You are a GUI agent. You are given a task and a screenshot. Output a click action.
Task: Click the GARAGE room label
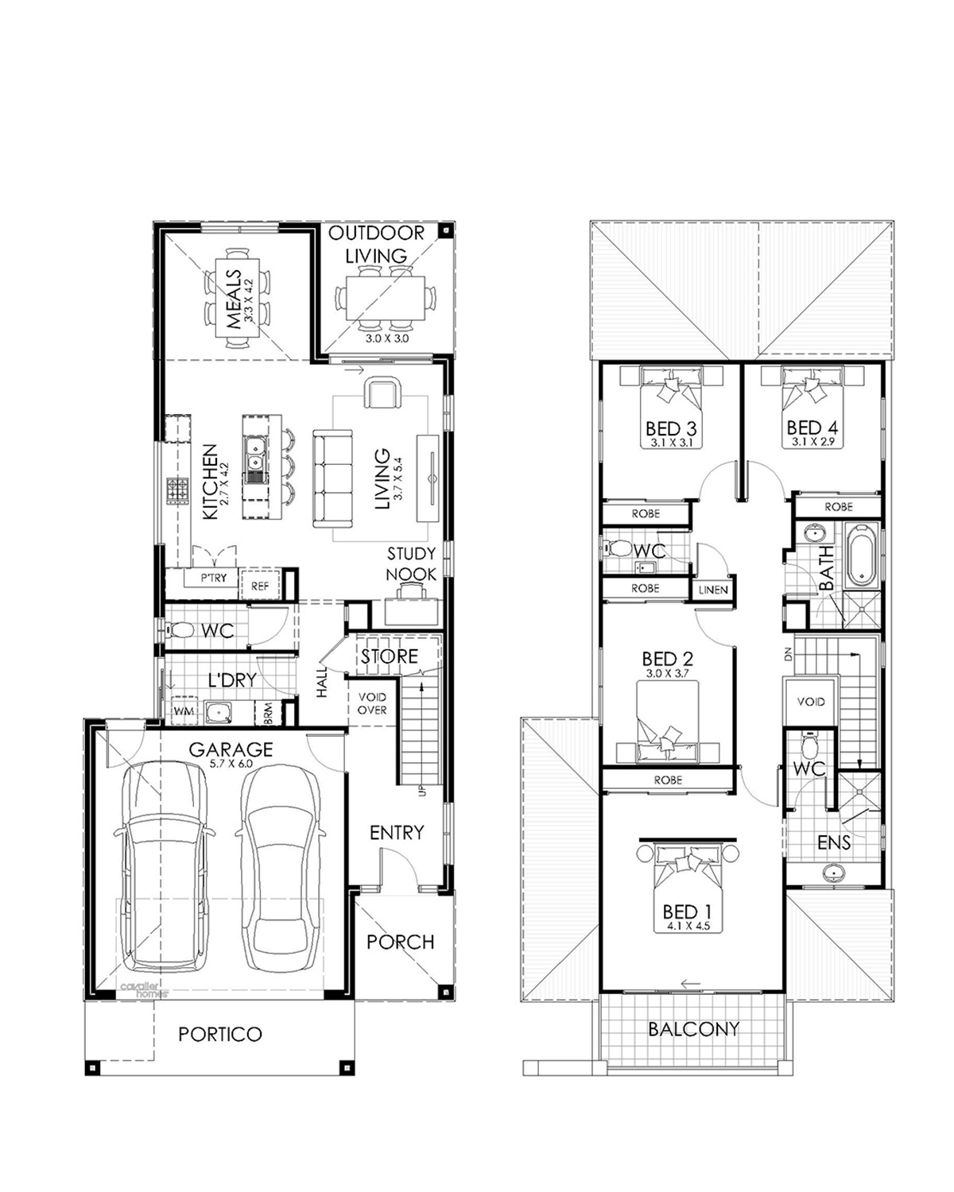tap(231, 749)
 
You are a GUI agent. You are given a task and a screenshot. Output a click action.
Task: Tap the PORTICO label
tap(220, 1034)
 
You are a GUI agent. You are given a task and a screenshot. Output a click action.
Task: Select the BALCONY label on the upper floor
tap(693, 1029)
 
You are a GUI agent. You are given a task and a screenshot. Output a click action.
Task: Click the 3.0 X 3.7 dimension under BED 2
tap(668, 674)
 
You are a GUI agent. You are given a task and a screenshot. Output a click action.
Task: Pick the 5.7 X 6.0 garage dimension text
tap(231, 764)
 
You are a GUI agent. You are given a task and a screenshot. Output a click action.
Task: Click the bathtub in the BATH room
tap(861, 555)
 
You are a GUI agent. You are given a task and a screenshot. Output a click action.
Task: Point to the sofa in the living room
tap(332, 478)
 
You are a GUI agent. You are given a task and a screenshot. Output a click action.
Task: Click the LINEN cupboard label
tap(713, 590)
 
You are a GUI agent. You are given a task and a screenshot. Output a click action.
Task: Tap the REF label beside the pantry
tap(260, 586)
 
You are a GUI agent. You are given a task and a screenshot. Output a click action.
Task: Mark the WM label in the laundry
tap(184, 710)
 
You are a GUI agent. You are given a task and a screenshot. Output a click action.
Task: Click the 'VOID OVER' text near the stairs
tap(372, 703)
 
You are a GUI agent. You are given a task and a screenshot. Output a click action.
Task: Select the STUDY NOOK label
tap(411, 564)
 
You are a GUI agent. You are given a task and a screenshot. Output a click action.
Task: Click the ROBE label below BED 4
tap(838, 507)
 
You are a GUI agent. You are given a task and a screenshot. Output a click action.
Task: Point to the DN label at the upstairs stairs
tap(789, 656)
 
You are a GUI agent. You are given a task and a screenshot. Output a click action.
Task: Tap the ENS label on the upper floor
tap(834, 842)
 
